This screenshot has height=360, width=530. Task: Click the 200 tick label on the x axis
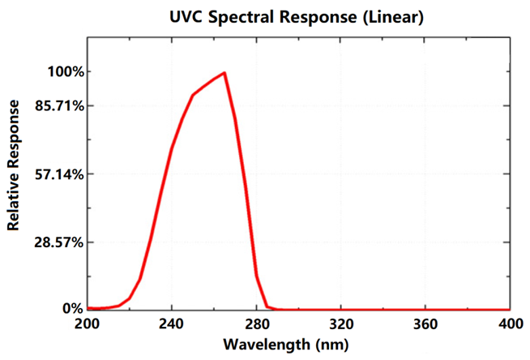click(x=87, y=323)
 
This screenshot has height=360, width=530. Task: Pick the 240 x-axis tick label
click(x=172, y=323)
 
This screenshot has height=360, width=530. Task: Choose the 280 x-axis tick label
click(x=257, y=323)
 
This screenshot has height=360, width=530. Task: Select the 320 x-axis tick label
click(x=341, y=323)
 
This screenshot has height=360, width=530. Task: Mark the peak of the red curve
click(x=224, y=73)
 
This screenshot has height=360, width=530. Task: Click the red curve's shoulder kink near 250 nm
click(x=193, y=95)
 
